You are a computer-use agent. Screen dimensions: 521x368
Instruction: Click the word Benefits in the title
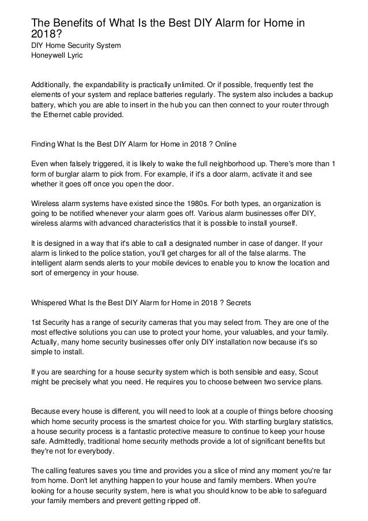coord(72,24)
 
